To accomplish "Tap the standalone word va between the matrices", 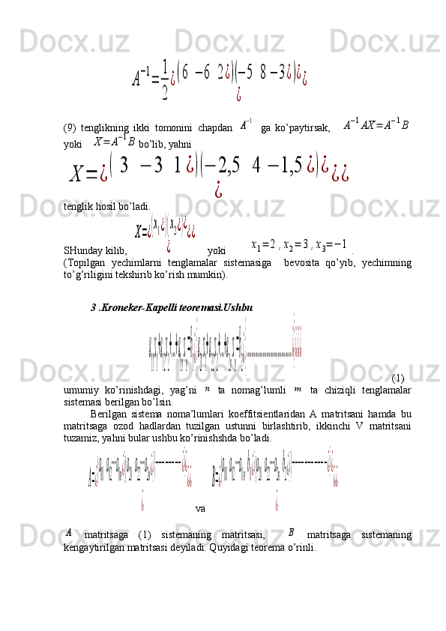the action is click(200, 509).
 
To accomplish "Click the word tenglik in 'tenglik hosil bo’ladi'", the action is click(77, 205).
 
